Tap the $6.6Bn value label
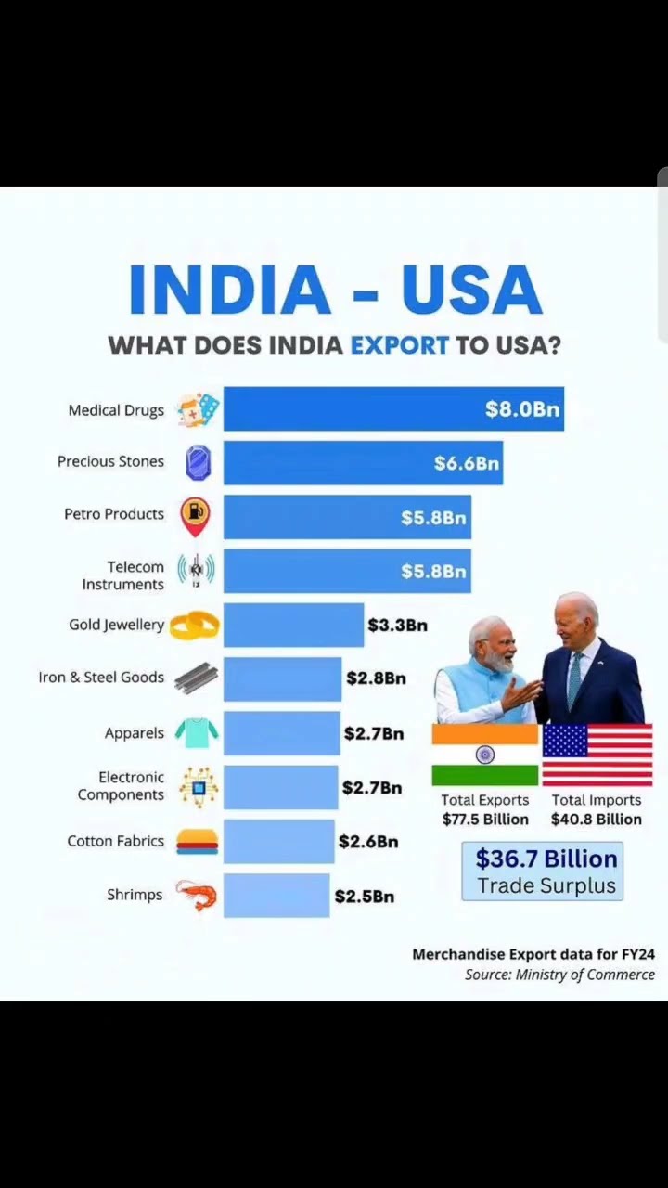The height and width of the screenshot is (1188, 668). [x=466, y=463]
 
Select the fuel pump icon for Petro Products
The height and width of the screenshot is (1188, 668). [x=195, y=516]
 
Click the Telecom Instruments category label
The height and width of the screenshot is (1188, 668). [x=123, y=575]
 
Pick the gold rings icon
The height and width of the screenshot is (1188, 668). [x=195, y=626]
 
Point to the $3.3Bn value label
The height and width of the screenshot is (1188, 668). [x=397, y=626]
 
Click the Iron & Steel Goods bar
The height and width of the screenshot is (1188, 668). [x=282, y=678]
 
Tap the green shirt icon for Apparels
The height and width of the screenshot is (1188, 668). [x=197, y=733]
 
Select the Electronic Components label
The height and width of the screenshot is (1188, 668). [x=121, y=786]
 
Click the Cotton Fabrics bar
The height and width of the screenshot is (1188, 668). [x=278, y=842]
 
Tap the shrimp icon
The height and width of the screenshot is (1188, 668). [x=196, y=896]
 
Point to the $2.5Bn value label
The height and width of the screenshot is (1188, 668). [x=364, y=897]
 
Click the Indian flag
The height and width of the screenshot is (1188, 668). [x=484, y=755]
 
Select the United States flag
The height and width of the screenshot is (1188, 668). [x=597, y=755]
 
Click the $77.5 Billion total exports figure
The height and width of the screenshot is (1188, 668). [x=485, y=820]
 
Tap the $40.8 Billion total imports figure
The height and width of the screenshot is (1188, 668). [x=596, y=820]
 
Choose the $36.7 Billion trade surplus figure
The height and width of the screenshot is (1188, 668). [x=546, y=859]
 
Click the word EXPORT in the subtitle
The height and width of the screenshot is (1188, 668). [x=399, y=345]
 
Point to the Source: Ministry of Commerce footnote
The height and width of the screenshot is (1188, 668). [x=559, y=975]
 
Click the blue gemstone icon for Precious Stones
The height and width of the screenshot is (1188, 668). [x=198, y=462]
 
